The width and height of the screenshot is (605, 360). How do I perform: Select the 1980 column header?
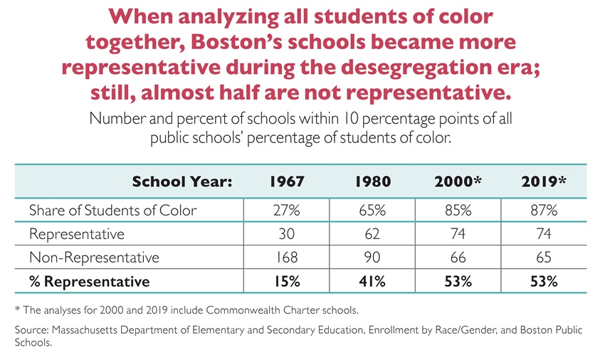coord(372,181)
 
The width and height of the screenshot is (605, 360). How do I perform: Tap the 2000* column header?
coord(458,181)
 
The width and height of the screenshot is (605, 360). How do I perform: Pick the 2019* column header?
coord(543,181)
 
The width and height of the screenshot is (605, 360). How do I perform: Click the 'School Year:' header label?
coord(182,181)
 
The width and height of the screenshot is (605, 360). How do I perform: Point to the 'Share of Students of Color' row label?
coord(112,210)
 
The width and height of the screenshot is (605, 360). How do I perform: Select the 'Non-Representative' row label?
coord(94,257)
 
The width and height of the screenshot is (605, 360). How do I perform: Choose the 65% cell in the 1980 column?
coord(372,210)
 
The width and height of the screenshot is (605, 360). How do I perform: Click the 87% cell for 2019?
coord(543,210)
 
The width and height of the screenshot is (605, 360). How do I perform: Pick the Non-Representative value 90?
coord(372,257)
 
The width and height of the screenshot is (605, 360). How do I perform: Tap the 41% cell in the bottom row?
coord(372,281)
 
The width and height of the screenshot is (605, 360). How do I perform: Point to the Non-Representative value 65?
coord(543,257)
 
